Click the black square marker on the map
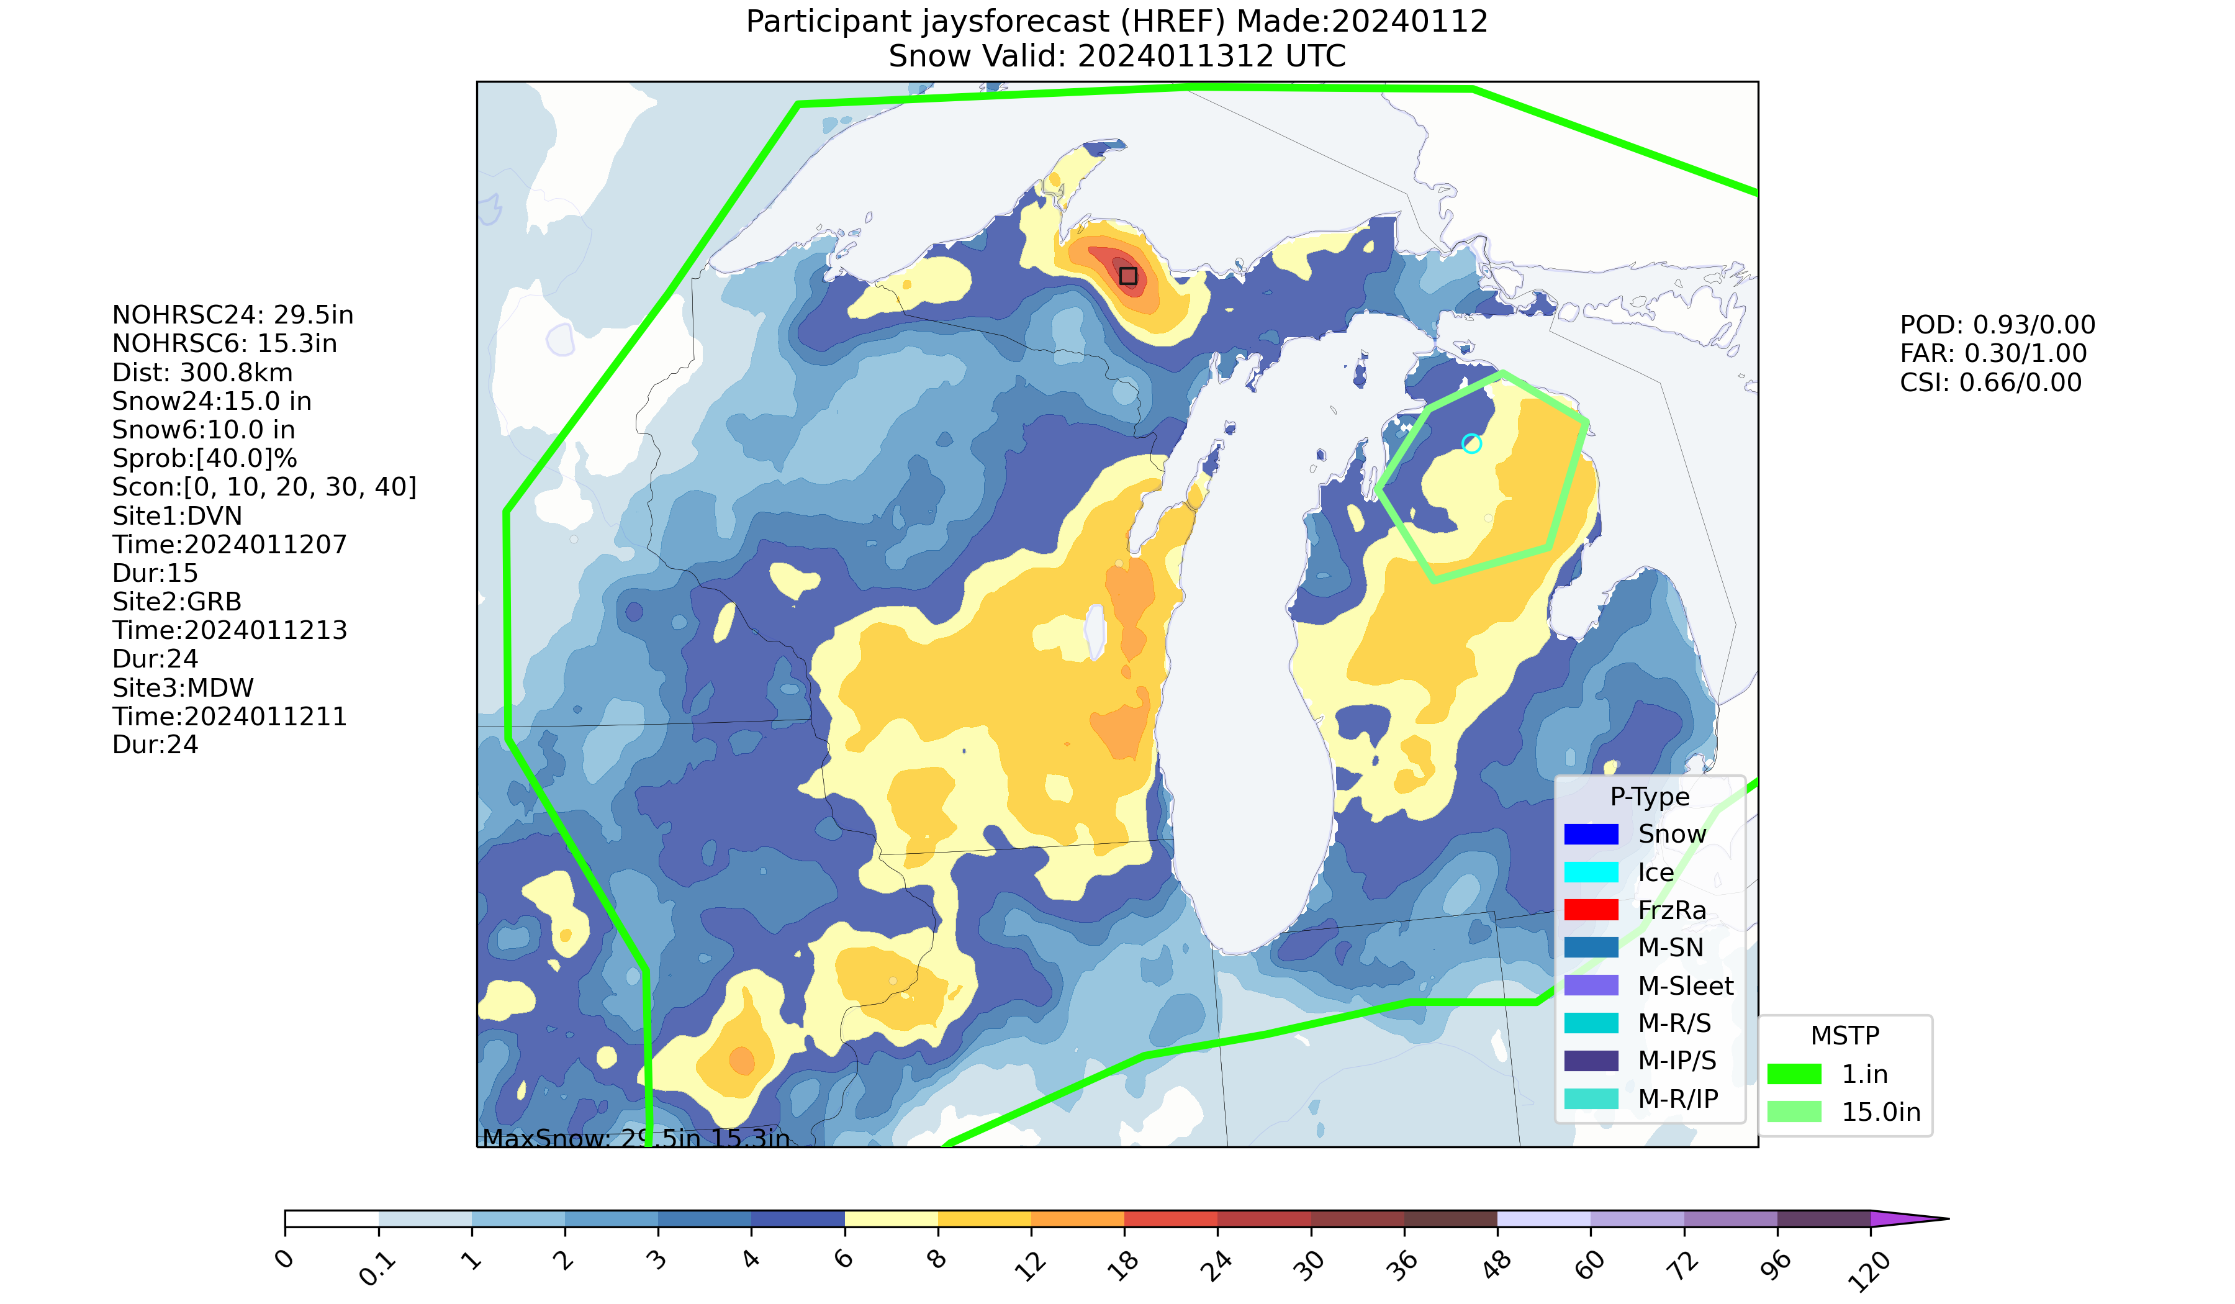click(1127, 276)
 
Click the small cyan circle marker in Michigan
click(1471, 443)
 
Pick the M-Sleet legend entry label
click(1685, 985)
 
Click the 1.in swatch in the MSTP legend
click(1794, 1074)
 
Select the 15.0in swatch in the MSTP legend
click(1794, 1112)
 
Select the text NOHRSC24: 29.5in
click(232, 315)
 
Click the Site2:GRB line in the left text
click(176, 602)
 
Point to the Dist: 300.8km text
click(202, 373)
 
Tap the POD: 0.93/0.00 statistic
click(1997, 325)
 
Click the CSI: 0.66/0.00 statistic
click(1990, 383)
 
